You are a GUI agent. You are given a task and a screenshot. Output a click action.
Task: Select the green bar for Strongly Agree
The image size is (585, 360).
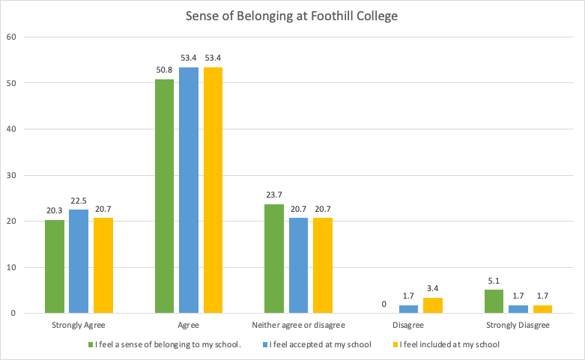coord(55,266)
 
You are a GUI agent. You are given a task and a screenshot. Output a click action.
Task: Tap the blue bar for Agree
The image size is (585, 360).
coord(189,190)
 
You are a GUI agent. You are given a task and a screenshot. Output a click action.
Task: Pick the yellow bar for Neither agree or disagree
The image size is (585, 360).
coord(323,266)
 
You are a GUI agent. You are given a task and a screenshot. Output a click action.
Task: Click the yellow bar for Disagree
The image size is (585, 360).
coord(433,305)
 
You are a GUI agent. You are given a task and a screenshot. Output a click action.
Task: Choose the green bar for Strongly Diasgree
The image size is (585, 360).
coord(494,302)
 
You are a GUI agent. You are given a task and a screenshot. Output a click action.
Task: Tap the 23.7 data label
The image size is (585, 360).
coord(274,195)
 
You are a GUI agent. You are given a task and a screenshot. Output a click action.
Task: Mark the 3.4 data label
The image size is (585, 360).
coord(433,289)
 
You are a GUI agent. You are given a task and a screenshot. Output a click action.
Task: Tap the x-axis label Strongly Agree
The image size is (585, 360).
coord(78,326)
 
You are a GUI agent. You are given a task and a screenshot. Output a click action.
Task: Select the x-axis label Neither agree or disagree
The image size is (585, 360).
coord(298,326)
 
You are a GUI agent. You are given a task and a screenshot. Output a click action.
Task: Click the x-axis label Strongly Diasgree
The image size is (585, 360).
coord(518,326)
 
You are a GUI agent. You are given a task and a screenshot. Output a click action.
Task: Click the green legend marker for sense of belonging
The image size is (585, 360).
coord(89,345)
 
